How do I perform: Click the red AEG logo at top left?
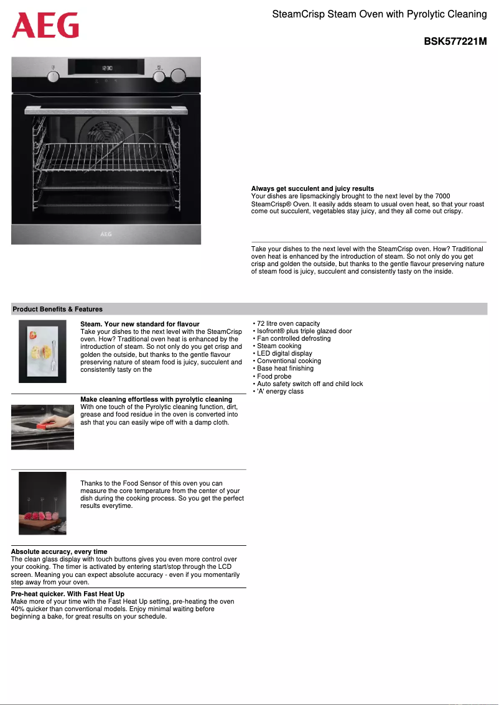[45, 26]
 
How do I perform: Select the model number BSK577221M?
[455, 42]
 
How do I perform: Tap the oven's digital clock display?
[107, 65]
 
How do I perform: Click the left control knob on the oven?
[54, 76]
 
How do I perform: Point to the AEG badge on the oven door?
[106, 234]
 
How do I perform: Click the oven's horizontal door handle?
[106, 109]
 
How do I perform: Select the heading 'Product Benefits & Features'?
[58, 309]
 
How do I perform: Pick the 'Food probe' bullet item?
[274, 376]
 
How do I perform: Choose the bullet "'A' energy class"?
[280, 391]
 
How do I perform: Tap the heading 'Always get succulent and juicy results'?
[312, 188]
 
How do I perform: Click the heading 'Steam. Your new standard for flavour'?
[140, 324]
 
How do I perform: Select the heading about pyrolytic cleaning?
[156, 399]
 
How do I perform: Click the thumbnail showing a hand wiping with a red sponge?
[42, 426]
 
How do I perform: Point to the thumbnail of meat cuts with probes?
[42, 503]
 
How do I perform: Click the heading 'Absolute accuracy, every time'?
[59, 551]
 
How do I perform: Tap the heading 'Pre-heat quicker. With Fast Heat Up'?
[68, 594]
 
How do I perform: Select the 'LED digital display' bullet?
[284, 353]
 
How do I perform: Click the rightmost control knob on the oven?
[179, 76]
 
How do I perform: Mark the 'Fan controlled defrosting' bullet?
[294, 338]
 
